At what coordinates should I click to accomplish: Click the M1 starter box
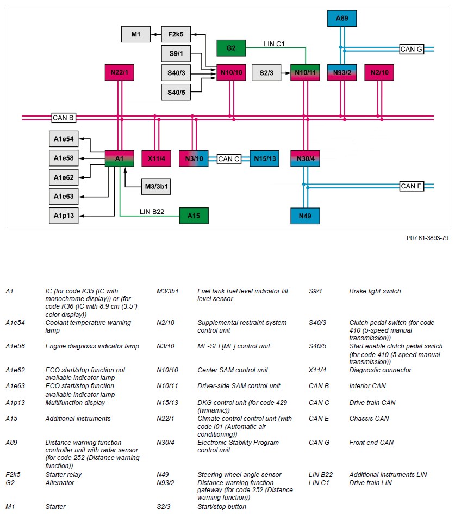pyautogui.click(x=135, y=35)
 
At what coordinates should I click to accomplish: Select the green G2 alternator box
pyautogui.click(x=231, y=48)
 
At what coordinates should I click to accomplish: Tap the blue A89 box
pyautogui.click(x=341, y=19)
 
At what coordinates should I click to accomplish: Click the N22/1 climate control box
pyautogui.click(x=119, y=72)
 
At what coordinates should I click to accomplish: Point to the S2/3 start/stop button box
pyautogui.click(x=266, y=72)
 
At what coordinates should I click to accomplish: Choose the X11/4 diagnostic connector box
pyautogui.click(x=156, y=158)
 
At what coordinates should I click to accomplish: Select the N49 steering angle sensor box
pyautogui.click(x=305, y=216)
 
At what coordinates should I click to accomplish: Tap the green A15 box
pyautogui.click(x=194, y=216)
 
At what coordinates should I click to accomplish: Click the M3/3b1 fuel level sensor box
pyautogui.click(x=155, y=187)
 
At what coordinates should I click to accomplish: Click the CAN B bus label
pyautogui.click(x=64, y=117)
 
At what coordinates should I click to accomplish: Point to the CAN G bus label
pyautogui.click(x=412, y=49)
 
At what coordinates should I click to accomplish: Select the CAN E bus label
pyautogui.click(x=412, y=186)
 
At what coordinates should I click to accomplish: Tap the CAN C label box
pyautogui.click(x=229, y=159)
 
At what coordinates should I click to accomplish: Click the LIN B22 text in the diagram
pyautogui.click(x=152, y=211)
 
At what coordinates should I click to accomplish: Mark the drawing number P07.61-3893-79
pyautogui.click(x=427, y=238)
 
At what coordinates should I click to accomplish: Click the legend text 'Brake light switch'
pyautogui.click(x=375, y=291)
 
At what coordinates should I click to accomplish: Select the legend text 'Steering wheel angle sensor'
pyautogui.click(x=239, y=475)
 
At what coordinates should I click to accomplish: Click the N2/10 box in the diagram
pyautogui.click(x=379, y=72)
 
